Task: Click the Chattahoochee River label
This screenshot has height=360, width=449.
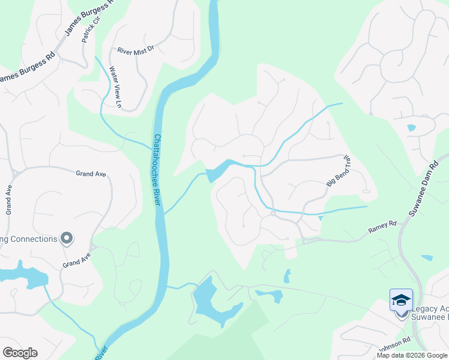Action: tap(157, 170)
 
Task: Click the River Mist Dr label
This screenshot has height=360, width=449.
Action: tap(136, 51)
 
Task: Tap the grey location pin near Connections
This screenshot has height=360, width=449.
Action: tap(67, 238)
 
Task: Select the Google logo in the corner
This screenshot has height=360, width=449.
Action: tap(20, 353)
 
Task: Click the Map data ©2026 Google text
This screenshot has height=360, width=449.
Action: tap(412, 355)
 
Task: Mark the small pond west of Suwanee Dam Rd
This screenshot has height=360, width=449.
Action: tap(411, 128)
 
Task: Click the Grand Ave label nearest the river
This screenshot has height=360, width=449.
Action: tap(91, 174)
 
